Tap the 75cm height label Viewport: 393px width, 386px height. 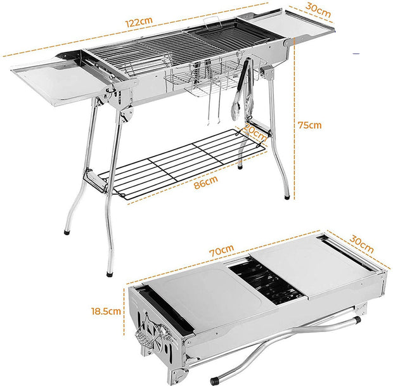(310, 125)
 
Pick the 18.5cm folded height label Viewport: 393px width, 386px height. (104, 312)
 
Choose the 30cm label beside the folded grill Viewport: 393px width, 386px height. (361, 241)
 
